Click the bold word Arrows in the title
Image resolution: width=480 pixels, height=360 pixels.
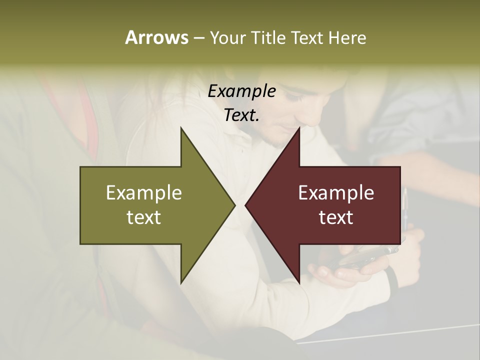(x=156, y=37)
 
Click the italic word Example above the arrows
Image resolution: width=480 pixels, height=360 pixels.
(x=241, y=91)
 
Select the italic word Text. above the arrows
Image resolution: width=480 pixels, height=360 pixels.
(x=241, y=115)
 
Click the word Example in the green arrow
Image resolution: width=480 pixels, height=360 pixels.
(x=144, y=193)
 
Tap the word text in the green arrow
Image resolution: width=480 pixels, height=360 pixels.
(x=144, y=217)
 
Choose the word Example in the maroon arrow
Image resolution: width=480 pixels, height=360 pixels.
(x=336, y=193)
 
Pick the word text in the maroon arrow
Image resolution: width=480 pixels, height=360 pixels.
(x=336, y=217)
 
